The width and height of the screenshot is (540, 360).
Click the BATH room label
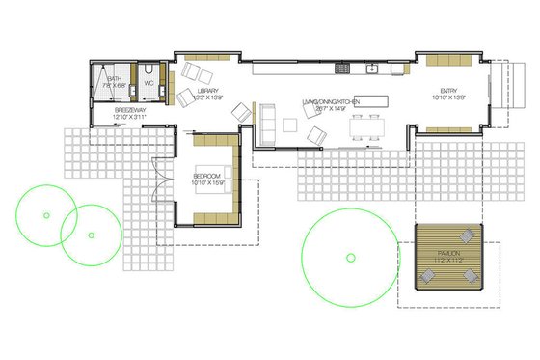pos(114,78)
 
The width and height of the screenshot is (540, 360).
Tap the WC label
pos(149,83)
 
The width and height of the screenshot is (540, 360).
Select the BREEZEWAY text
pos(130,110)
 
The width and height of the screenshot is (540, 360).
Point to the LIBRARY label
pos(208,92)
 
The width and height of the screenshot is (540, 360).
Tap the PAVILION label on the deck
pos(446,253)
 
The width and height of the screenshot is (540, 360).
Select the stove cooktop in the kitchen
pos(340,68)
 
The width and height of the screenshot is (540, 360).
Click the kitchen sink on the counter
pos(370,69)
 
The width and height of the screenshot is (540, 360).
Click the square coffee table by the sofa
pos(290,123)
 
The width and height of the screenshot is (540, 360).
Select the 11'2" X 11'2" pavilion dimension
pos(446,262)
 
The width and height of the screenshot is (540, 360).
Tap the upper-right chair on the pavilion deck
pos(467,236)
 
